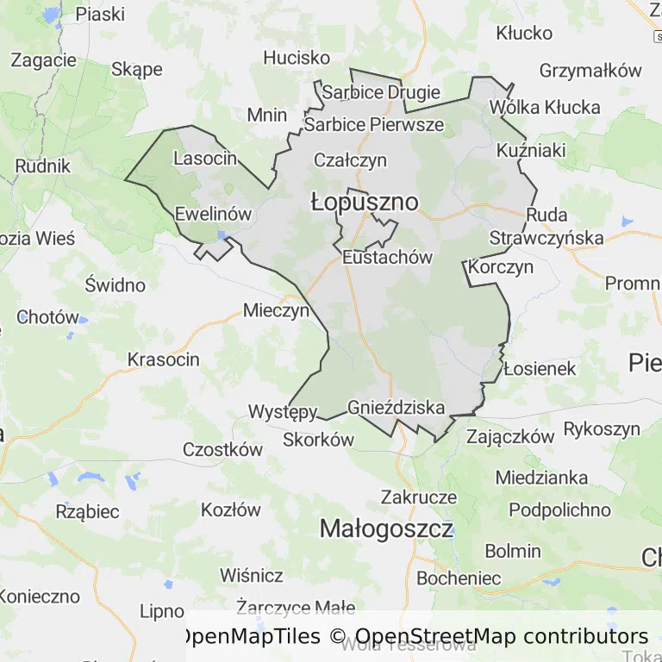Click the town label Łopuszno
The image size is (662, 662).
[365, 203]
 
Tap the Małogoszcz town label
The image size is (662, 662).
[386, 528]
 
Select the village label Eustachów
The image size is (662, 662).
[387, 257]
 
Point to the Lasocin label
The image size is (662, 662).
[205, 159]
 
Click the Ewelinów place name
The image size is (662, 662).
[213, 214]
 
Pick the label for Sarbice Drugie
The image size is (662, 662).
[381, 92]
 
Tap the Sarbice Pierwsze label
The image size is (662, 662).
[374, 125]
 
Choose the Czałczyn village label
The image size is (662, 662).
[350, 160]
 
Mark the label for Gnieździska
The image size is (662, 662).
[397, 407]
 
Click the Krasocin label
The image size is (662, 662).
[164, 359]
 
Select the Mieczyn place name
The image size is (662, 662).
[276, 310]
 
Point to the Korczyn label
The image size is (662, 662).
[503, 267]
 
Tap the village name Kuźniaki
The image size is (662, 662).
[531, 151]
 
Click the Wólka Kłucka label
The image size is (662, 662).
[544, 108]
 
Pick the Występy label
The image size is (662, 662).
[283, 411]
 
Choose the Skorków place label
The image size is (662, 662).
[319, 440]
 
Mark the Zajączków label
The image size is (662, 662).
[510, 436]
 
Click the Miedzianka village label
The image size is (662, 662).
[541, 478]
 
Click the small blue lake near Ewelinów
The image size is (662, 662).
[223, 234]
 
